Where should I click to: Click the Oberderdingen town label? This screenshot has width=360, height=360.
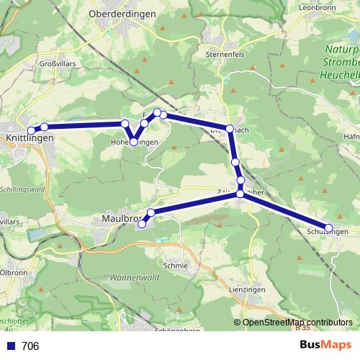tap(120, 14)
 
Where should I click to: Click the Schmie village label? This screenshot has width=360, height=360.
tap(176, 266)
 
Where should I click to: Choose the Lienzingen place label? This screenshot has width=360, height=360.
tap(246, 289)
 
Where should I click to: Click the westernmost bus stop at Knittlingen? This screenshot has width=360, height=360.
tap(30, 130)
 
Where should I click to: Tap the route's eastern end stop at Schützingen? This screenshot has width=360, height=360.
tap(329, 225)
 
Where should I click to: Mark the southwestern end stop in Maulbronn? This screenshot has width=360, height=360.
tap(142, 223)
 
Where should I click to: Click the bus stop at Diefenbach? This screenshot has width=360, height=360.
tap(230, 129)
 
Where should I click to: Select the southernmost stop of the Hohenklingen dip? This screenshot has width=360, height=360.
tap(134, 142)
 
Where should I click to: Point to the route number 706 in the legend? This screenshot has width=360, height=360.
tap(30, 346)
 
